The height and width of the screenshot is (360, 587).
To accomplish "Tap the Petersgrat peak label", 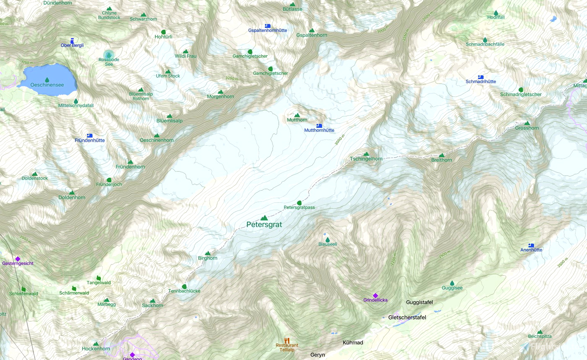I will point(264,225).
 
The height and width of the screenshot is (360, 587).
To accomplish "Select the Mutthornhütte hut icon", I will point(319,125).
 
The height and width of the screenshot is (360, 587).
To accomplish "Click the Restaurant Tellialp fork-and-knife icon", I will point(287,340).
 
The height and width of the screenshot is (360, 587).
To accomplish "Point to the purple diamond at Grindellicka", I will point(375,295).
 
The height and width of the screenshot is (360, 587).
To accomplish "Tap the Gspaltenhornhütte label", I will point(268,31).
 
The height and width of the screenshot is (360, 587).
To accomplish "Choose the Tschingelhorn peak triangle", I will point(366,154).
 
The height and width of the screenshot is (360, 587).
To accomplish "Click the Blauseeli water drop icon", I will point(327,239).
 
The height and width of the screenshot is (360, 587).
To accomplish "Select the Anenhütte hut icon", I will point(531,245).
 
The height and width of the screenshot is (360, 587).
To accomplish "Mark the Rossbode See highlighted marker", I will point(109,55).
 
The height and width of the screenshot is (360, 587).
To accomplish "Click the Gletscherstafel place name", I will point(407,317).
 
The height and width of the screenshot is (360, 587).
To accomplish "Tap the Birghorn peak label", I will point(208,258).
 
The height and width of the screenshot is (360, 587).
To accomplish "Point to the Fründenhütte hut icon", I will point(89,135).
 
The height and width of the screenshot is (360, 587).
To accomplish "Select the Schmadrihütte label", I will point(481,82).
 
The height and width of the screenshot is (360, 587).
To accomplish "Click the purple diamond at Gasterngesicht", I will point(18,259).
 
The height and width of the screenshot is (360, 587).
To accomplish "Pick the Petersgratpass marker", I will point(299,203).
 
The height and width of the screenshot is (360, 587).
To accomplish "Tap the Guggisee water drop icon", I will point(452,283).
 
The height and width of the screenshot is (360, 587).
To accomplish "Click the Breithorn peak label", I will point(442,160).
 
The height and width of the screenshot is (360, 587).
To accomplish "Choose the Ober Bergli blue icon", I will point(72,41).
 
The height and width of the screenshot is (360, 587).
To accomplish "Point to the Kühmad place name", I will point(353,342).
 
